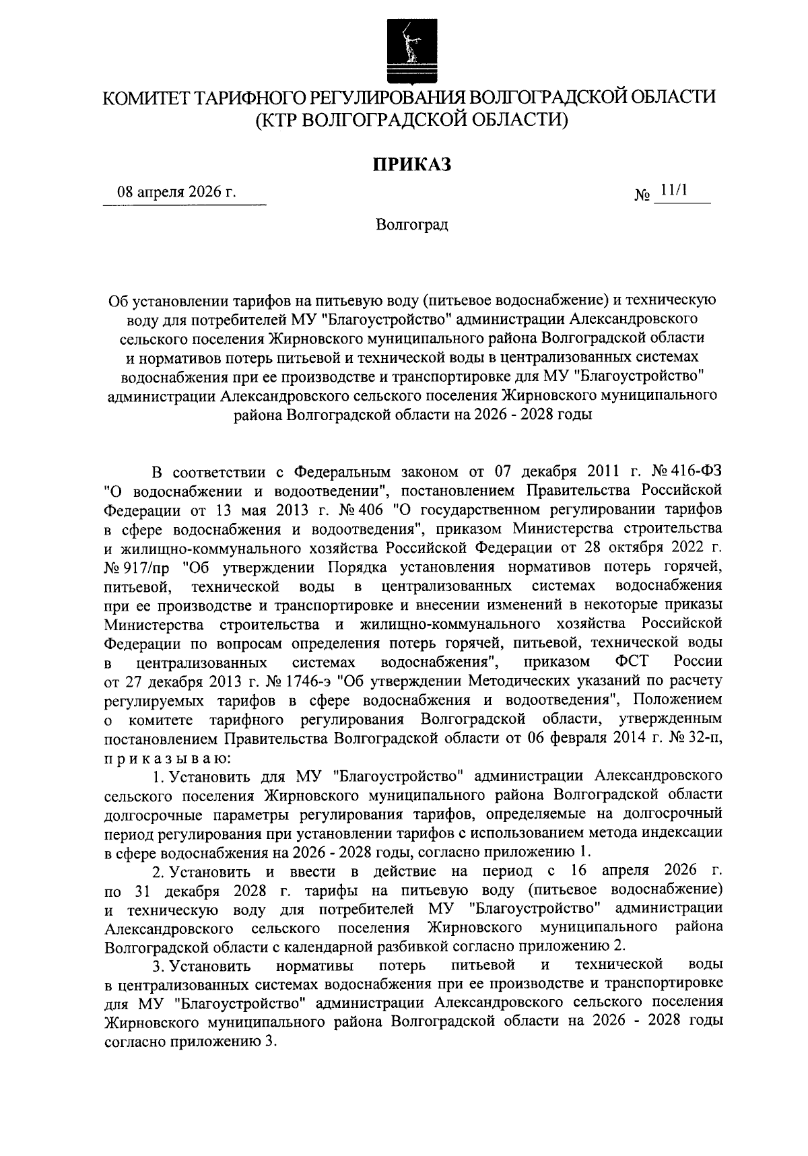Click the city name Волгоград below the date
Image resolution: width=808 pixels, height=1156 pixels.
click(412, 224)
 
